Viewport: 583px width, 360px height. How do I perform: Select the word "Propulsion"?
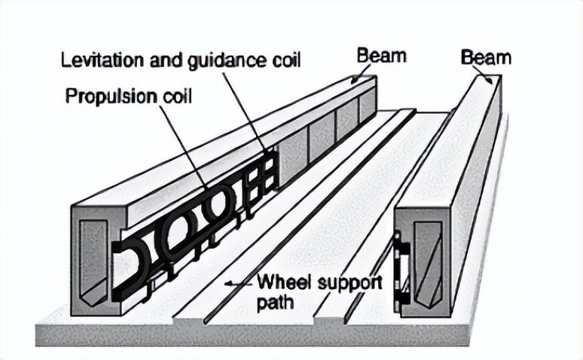(103, 97)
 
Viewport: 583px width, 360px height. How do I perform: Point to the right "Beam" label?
(485, 56)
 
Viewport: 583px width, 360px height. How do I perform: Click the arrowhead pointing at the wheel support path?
(230, 285)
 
